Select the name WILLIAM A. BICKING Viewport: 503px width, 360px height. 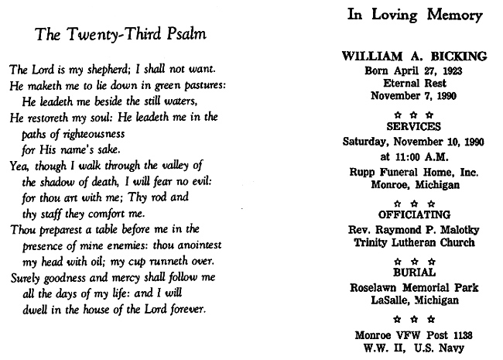click(x=414, y=56)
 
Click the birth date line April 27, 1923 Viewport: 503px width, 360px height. click(x=414, y=70)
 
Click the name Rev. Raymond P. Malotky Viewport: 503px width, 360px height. click(x=414, y=228)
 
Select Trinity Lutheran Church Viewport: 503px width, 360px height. click(x=414, y=242)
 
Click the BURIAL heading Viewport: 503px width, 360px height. click(x=414, y=273)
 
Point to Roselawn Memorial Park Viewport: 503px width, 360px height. click(x=414, y=287)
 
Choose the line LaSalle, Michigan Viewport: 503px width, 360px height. click(x=414, y=300)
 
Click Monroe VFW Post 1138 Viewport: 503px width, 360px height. click(x=414, y=335)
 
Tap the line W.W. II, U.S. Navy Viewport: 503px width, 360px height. click(x=414, y=348)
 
